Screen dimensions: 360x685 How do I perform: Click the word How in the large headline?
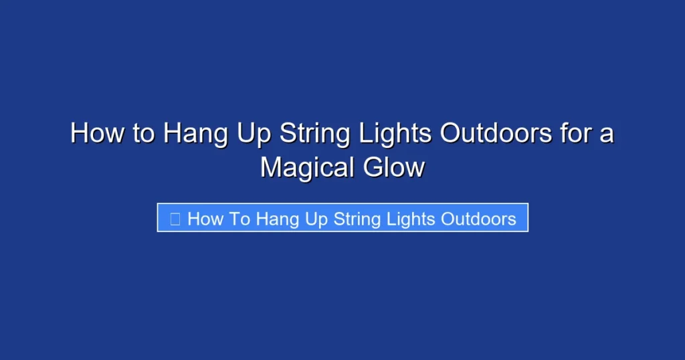tap(98, 133)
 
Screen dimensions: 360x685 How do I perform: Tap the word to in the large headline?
tap(143, 133)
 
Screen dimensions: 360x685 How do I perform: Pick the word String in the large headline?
tap(314, 134)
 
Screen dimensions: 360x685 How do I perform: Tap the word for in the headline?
tap(575, 133)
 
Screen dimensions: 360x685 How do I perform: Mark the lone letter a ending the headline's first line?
tap(607, 134)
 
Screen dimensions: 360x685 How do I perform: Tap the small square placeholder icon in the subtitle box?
tap(175, 219)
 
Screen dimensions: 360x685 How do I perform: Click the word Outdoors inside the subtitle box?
tap(479, 219)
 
